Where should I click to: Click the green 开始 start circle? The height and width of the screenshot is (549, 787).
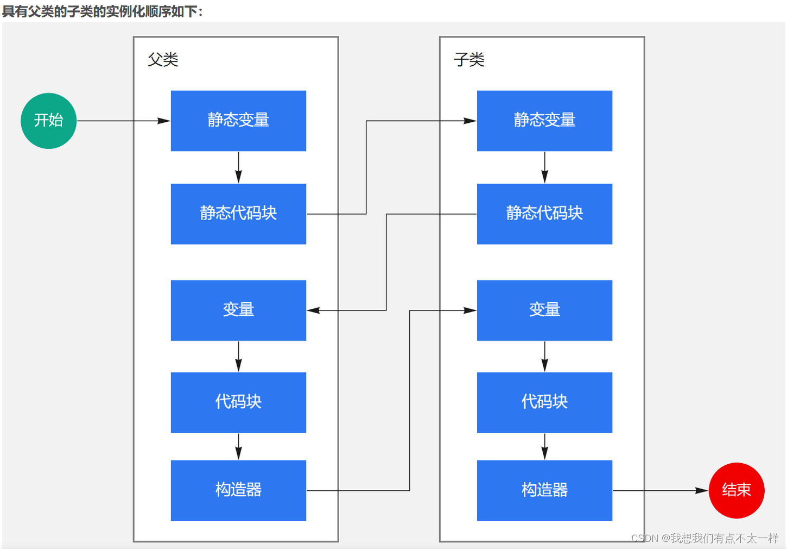click(x=48, y=121)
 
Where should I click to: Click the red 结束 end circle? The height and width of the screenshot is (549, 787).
click(x=737, y=490)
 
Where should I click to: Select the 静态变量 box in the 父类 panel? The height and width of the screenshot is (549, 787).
click(x=238, y=121)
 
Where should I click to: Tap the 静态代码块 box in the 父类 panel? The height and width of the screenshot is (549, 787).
click(x=238, y=214)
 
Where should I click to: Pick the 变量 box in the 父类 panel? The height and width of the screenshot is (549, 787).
click(x=238, y=310)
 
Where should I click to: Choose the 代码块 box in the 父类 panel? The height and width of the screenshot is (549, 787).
click(x=238, y=402)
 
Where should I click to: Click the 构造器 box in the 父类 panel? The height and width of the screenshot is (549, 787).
click(x=238, y=490)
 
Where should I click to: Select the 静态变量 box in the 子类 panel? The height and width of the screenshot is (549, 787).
click(x=544, y=121)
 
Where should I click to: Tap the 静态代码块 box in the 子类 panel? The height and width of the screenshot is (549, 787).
click(x=544, y=214)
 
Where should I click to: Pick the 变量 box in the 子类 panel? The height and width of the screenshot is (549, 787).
click(x=544, y=310)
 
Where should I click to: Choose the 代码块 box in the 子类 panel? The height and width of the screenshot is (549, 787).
click(x=544, y=402)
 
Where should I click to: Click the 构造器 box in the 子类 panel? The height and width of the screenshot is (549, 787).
click(x=544, y=490)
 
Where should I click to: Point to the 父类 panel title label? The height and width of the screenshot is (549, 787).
click(x=163, y=59)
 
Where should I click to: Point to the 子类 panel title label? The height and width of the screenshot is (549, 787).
click(x=469, y=59)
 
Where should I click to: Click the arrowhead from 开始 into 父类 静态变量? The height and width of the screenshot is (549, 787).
click(x=164, y=121)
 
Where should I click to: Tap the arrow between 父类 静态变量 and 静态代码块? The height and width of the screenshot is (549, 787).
click(x=238, y=167)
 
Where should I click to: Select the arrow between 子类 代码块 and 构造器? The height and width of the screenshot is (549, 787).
click(x=544, y=446)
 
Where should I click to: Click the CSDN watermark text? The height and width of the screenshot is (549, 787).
click(x=705, y=538)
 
